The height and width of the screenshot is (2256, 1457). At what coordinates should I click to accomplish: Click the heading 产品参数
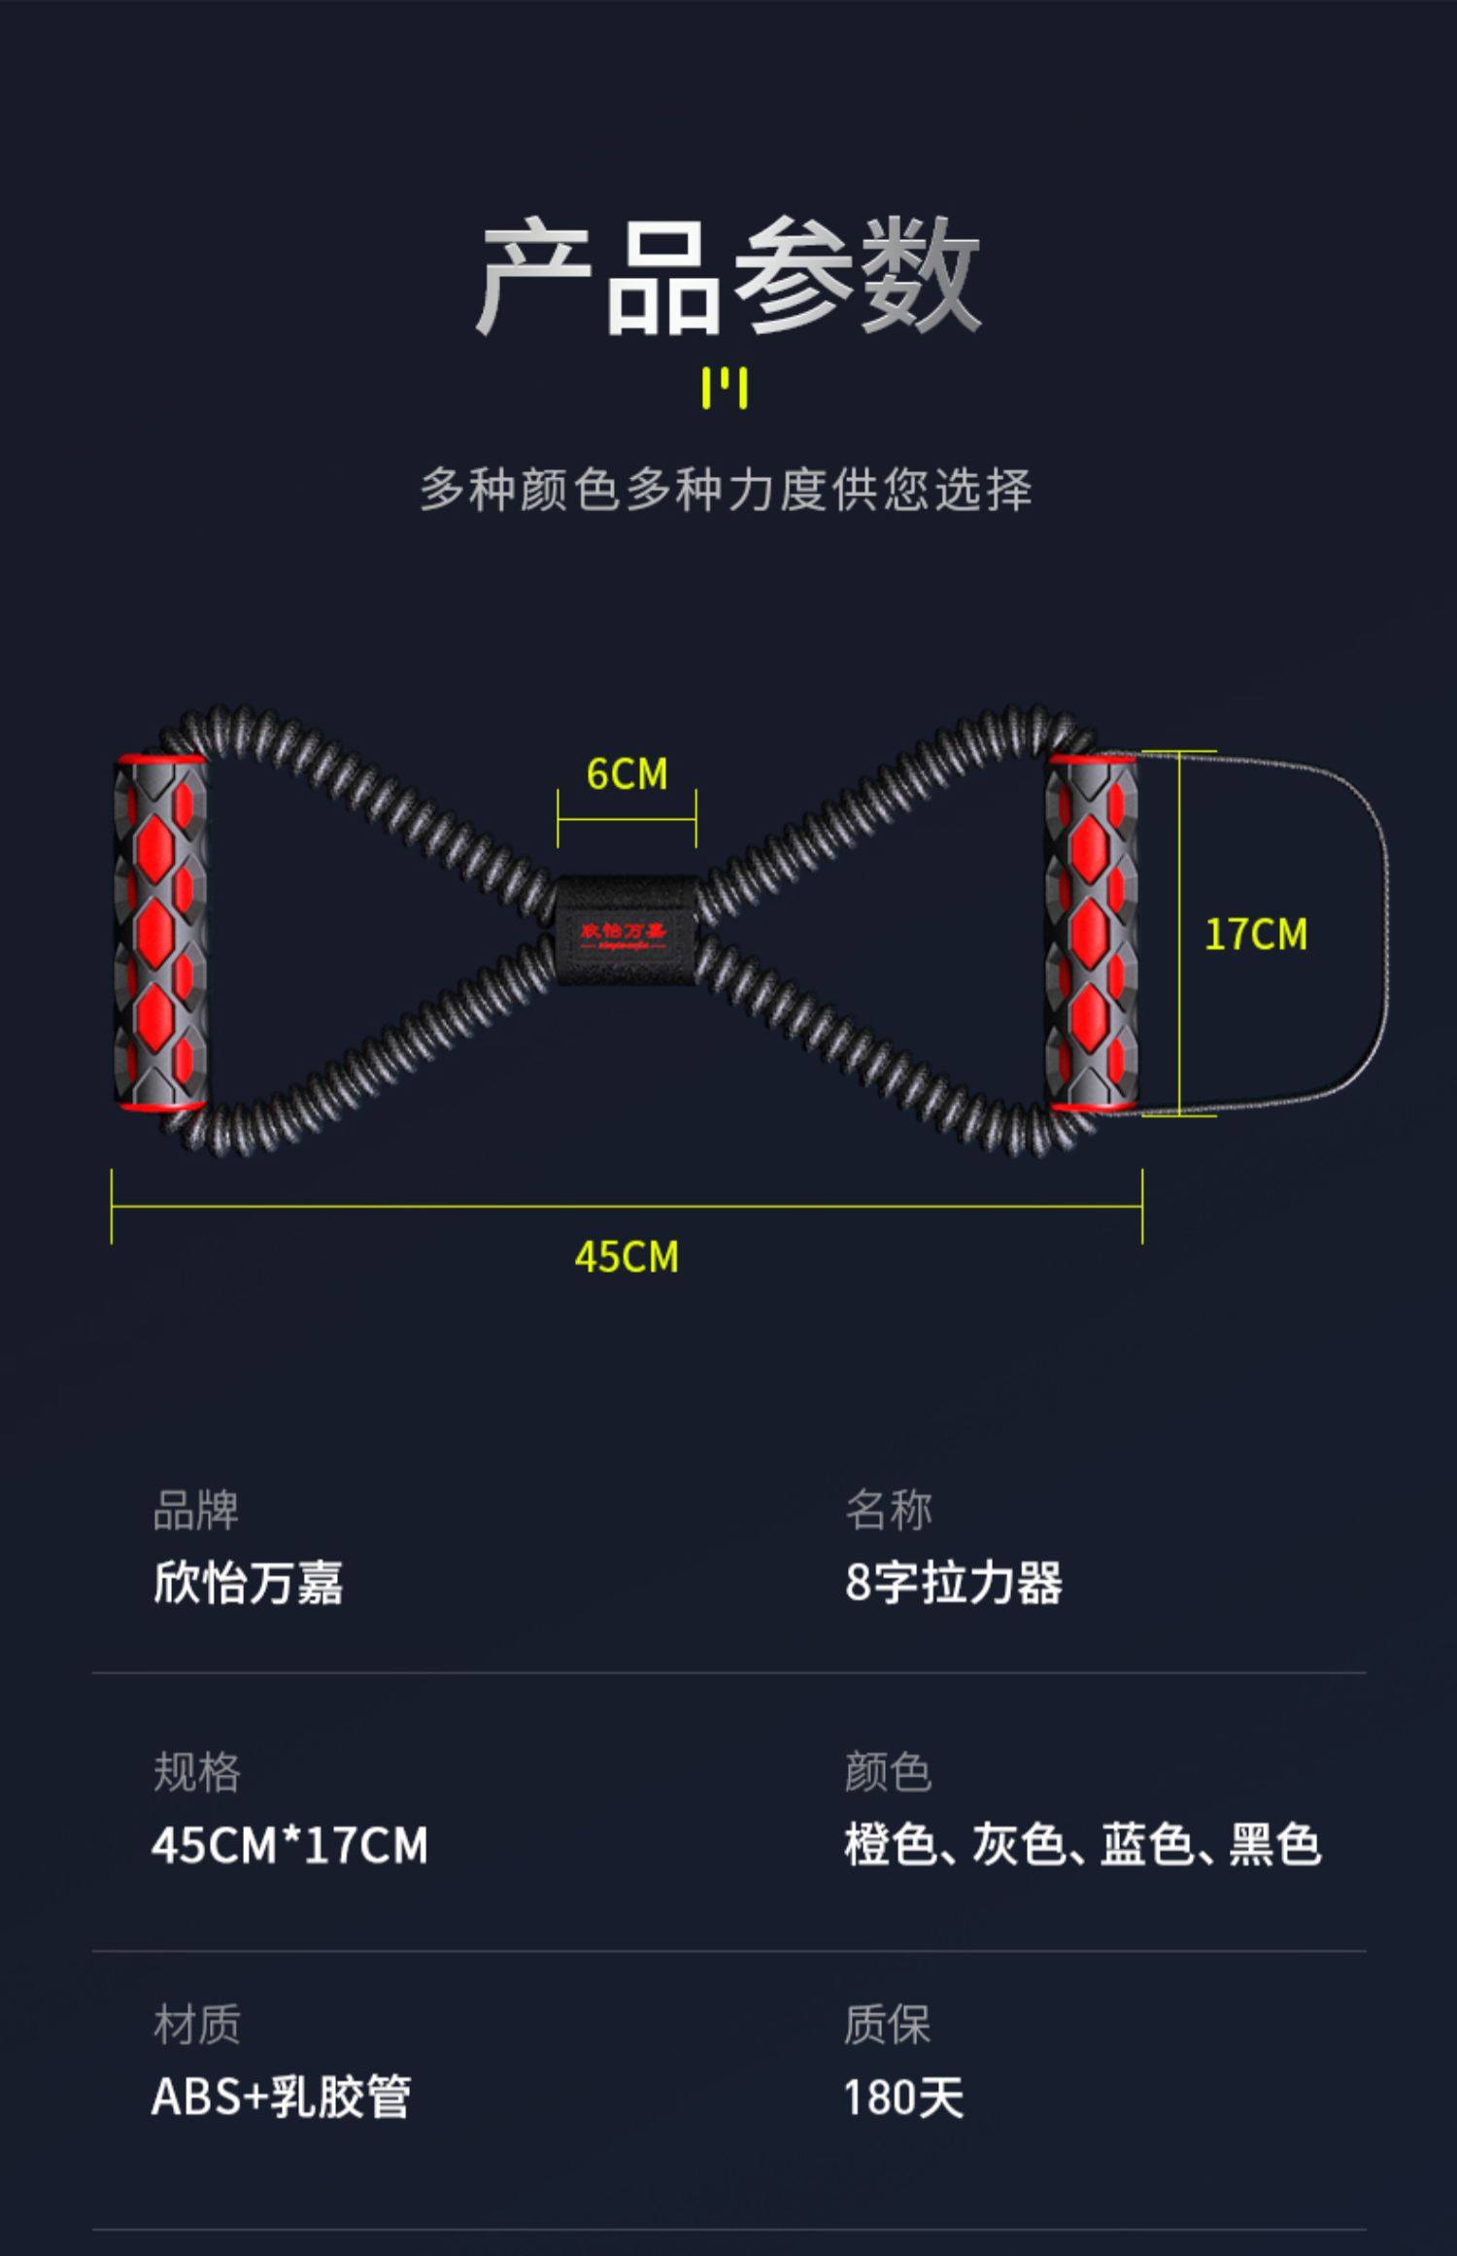tap(728, 276)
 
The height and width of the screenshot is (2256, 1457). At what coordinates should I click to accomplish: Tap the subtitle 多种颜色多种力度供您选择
tap(726, 489)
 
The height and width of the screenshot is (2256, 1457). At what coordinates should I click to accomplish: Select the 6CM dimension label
tap(627, 774)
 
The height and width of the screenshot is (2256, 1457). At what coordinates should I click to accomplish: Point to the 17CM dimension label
tap(1255, 935)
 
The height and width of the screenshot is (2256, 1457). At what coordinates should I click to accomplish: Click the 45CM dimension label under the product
tap(627, 1257)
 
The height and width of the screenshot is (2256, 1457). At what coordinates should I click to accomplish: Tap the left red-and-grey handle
tap(160, 932)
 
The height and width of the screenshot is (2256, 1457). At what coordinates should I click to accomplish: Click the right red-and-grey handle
tap(1091, 932)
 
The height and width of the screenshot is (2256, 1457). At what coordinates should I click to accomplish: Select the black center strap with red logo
tap(625, 931)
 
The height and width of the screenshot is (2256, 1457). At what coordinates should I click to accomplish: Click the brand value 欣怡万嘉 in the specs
tap(248, 1583)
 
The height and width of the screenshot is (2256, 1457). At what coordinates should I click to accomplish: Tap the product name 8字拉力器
tap(953, 1583)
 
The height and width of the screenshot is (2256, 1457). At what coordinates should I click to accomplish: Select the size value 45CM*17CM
tap(289, 1845)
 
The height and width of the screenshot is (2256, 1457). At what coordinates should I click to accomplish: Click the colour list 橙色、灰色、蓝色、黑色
tap(1082, 1845)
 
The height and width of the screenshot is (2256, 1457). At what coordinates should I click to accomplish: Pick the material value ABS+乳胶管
tap(281, 2098)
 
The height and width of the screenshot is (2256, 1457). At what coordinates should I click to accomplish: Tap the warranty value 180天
tap(903, 2098)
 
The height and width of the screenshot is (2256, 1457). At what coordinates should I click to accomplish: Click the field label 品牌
tap(195, 1510)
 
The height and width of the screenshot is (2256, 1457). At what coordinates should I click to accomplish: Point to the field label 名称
tap(888, 1510)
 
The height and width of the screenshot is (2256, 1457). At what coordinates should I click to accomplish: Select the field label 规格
tap(196, 1772)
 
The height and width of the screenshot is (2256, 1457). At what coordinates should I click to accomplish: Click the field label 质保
tap(887, 2026)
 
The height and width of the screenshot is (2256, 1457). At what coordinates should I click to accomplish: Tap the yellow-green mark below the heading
tap(725, 389)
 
